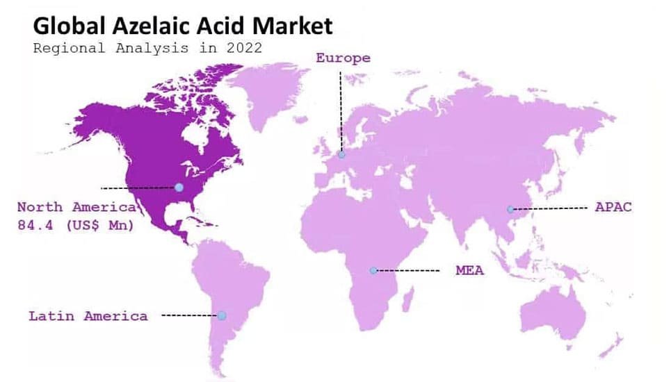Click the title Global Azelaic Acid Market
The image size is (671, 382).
pyautogui.click(x=183, y=26)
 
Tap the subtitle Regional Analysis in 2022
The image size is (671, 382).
pyautogui.click(x=147, y=48)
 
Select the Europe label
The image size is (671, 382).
pyautogui.click(x=343, y=58)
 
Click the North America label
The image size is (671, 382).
pyautogui.click(x=76, y=207)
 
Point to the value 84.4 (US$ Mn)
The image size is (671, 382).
pyautogui.click(x=75, y=225)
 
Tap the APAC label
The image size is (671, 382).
pyautogui.click(x=613, y=207)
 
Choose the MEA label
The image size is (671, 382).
pyautogui.click(x=469, y=270)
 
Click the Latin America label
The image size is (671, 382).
pyautogui.click(x=88, y=316)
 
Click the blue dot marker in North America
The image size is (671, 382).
pyautogui.click(x=179, y=188)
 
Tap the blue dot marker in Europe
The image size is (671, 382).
pyautogui.click(x=341, y=155)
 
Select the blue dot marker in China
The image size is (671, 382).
pyautogui.click(x=510, y=209)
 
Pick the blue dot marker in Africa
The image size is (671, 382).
pyautogui.click(x=373, y=270)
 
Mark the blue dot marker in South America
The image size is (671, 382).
pyautogui.click(x=221, y=315)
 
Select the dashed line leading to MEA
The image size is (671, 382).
pyautogui.click(x=409, y=270)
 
